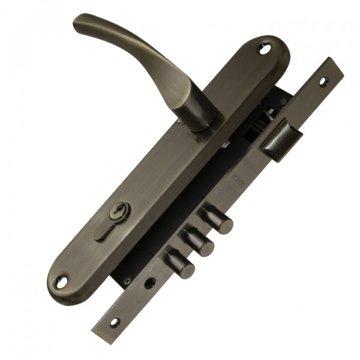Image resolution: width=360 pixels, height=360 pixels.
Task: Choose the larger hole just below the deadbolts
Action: click(148, 283)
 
